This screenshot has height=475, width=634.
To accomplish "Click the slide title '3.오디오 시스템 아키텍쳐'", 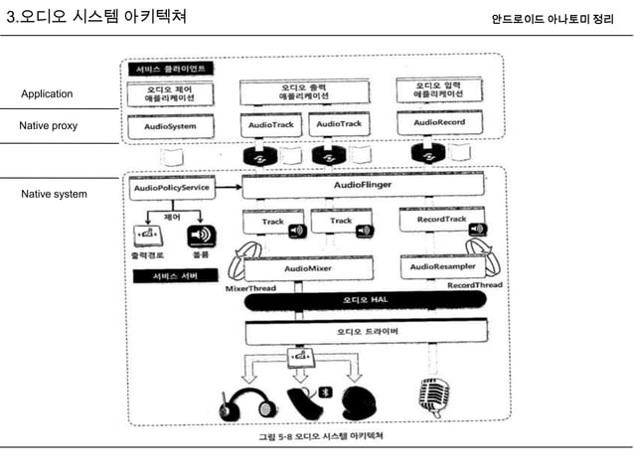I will pos(95,18).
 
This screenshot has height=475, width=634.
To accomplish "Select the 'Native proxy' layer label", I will pos(49,126).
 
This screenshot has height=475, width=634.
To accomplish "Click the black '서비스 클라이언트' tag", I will pos(168,70).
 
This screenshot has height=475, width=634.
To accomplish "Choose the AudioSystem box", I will pos(169,127).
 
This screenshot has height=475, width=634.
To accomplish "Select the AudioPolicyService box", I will pos(170,187).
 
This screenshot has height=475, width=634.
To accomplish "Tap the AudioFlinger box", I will pos(362,185).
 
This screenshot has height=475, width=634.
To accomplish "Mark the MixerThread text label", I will pos(249,288).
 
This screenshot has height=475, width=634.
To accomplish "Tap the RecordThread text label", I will pos(473,285).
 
